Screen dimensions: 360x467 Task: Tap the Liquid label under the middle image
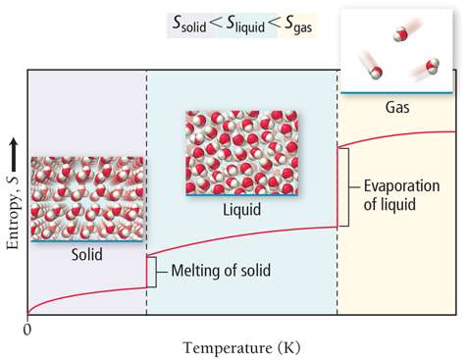[241, 208]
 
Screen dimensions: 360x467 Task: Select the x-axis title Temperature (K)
[240, 347]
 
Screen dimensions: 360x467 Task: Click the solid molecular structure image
[87, 199]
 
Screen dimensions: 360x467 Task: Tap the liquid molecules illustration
[241, 152]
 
